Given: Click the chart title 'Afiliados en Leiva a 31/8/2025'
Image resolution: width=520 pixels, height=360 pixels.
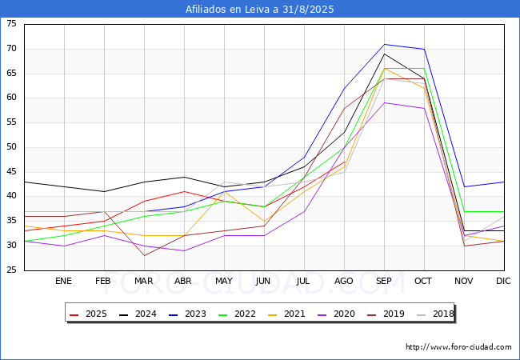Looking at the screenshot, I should [260, 10].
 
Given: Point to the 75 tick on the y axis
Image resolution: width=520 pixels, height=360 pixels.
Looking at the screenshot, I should [11, 24].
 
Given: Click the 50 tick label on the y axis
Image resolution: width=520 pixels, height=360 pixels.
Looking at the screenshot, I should [11, 147].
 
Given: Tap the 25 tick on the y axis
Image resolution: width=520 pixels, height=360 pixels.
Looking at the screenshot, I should [11, 270].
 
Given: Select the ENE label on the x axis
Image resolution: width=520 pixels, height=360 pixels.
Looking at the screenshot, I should [63, 282].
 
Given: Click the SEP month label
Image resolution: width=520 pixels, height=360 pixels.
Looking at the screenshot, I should [384, 282].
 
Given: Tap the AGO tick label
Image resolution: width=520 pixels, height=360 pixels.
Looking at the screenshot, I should [344, 282].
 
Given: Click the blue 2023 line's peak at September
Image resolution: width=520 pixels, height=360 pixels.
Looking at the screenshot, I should [385, 44].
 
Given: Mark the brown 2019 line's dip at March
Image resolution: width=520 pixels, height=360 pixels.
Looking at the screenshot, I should [144, 255].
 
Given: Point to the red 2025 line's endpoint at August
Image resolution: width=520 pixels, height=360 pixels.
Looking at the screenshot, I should [345, 162].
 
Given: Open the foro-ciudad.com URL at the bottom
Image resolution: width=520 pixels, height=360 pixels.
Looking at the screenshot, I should [458, 347].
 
